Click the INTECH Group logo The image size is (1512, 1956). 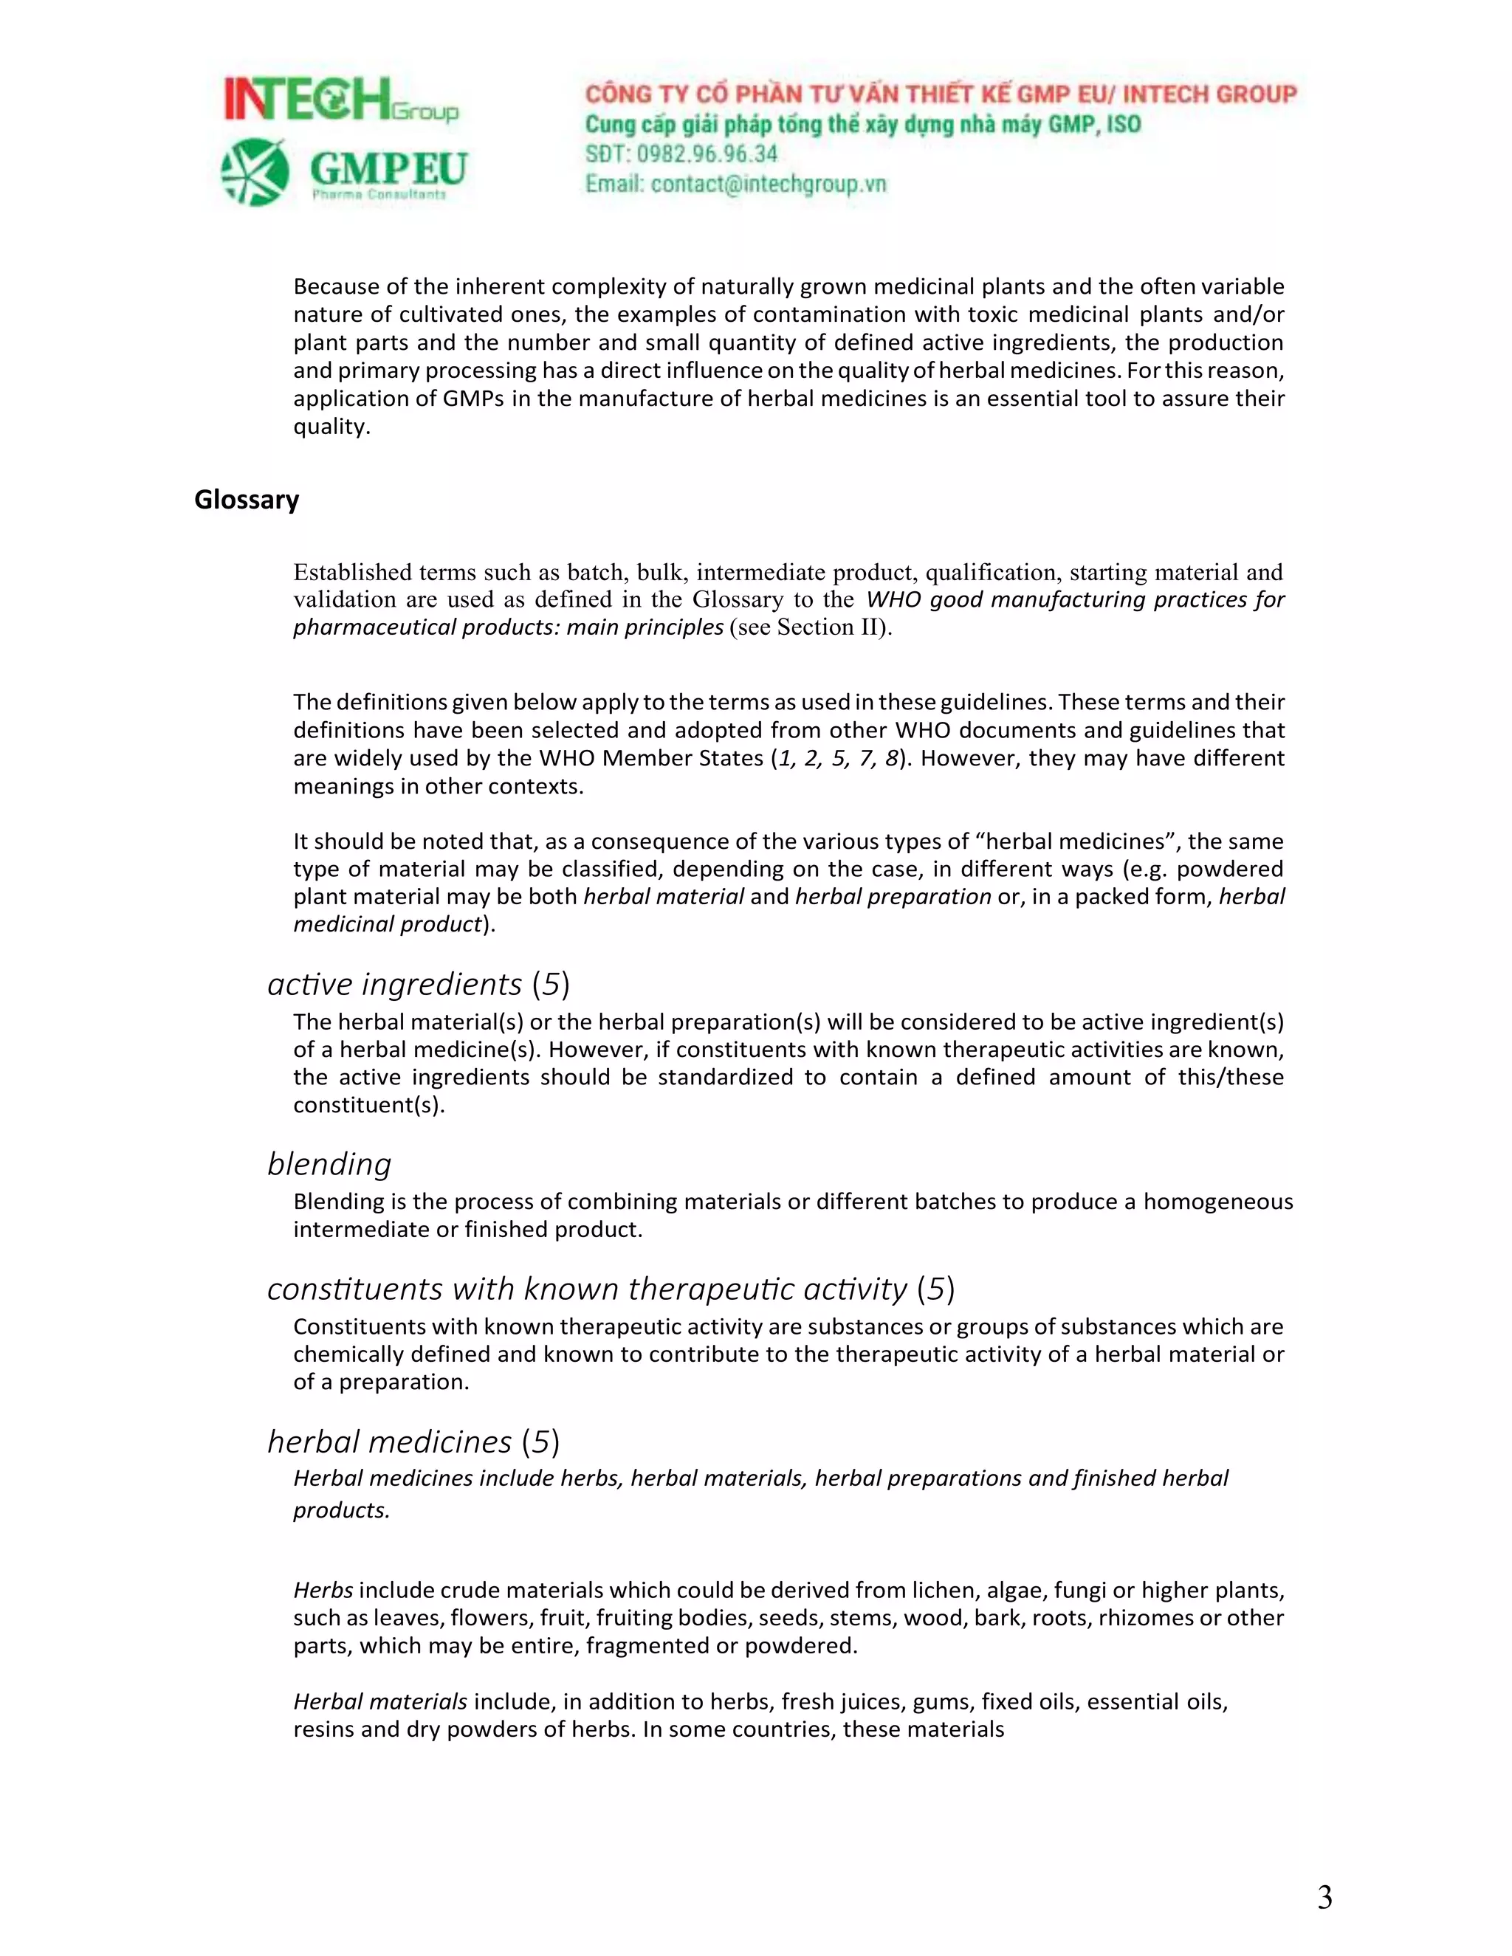(340, 100)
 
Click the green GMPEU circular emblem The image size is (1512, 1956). (255, 171)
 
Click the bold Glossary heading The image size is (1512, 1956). (247, 500)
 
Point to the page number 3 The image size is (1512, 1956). (1324, 1897)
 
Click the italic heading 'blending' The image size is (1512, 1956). (329, 1163)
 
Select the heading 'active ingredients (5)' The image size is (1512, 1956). (419, 983)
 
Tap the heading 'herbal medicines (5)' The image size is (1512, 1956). (413, 1441)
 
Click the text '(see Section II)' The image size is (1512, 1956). (811, 627)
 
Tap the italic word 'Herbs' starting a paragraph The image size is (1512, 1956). (323, 1591)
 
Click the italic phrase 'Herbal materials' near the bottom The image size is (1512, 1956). (379, 1701)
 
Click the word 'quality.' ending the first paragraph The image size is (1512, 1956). (331, 427)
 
